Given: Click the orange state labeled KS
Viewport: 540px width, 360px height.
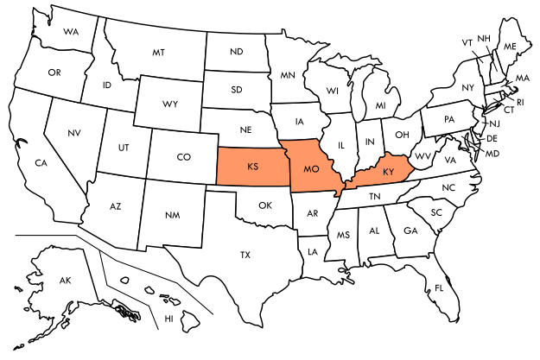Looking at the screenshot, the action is coord(252,166).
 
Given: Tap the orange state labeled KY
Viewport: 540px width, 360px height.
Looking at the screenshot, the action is coord(388,172).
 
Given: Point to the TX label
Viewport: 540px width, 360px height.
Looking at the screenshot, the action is coord(245,255).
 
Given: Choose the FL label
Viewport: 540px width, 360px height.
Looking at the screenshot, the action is coord(439,287).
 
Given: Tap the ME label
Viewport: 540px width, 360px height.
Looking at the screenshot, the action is coord(510,46).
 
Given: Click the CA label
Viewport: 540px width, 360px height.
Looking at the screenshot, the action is coord(41,162).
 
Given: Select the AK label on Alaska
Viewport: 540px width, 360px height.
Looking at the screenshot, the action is coord(65,281).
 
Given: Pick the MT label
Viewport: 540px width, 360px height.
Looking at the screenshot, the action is coord(158,53).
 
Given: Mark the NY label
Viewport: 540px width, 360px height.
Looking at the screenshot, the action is coord(468,88).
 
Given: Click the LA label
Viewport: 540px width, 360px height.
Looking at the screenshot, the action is coord(311,252).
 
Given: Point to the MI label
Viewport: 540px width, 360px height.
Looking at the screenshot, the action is coord(380,105).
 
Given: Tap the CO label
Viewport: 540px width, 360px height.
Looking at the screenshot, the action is coord(183,157).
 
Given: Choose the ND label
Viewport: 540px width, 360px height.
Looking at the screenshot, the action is coord(236,52).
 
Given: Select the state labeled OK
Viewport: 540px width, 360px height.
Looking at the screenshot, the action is coord(265,205).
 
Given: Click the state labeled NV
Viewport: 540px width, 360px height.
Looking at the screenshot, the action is coord(74,133).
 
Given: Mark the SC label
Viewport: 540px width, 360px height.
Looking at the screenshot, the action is coord(436,212).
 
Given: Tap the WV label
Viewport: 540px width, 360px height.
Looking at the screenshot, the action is coord(422,156).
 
